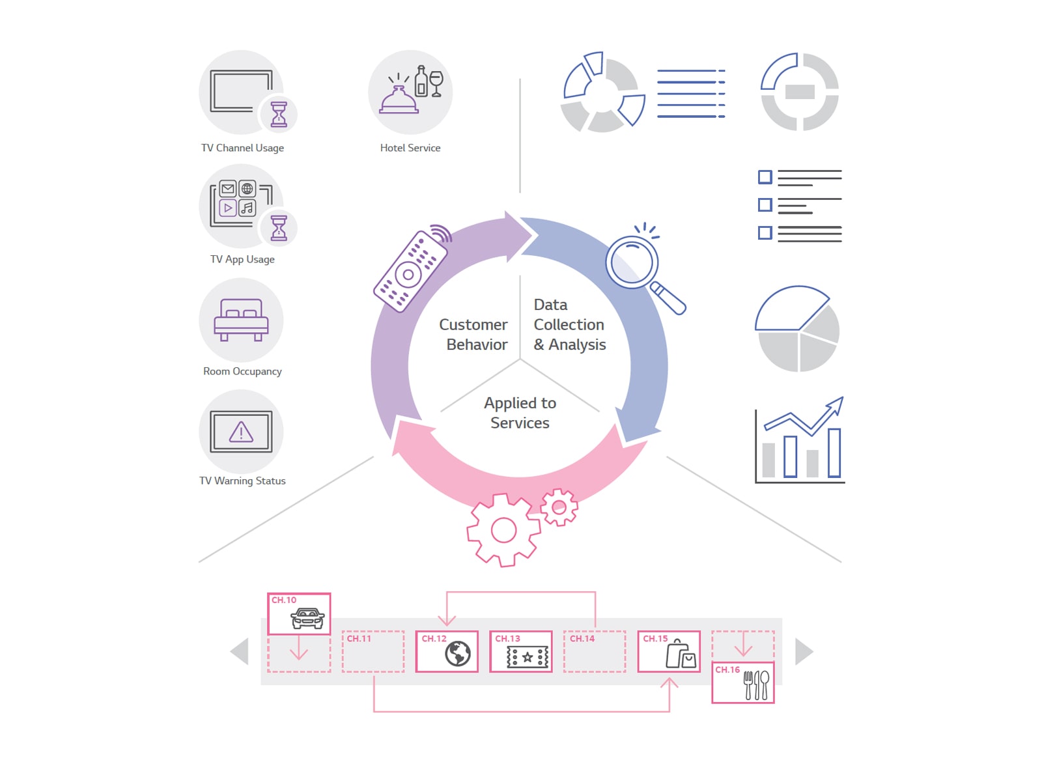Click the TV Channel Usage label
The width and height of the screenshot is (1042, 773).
coord(242,148)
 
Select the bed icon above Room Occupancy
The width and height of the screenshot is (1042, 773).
coord(241,320)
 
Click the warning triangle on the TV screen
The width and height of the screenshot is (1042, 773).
coord(241,432)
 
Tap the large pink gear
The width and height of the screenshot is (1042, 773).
coord(503,530)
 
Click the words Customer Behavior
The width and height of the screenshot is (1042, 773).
coord(473,334)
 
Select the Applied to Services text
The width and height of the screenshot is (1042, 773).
coord(520,413)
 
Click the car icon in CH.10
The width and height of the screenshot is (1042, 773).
coord(307,618)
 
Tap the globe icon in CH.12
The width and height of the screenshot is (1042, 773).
coord(458,653)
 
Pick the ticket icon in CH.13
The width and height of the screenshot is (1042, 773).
coord(528,658)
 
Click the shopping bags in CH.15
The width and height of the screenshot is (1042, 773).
coord(681,654)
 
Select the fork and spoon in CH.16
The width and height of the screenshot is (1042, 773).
coord(756,685)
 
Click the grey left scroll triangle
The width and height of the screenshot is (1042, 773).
coord(240,651)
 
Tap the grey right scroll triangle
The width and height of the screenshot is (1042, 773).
coord(803,651)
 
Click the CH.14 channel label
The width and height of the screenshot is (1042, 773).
coord(582,639)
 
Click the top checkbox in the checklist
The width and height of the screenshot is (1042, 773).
coord(765,177)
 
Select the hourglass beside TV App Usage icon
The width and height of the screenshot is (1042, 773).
coord(279,228)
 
